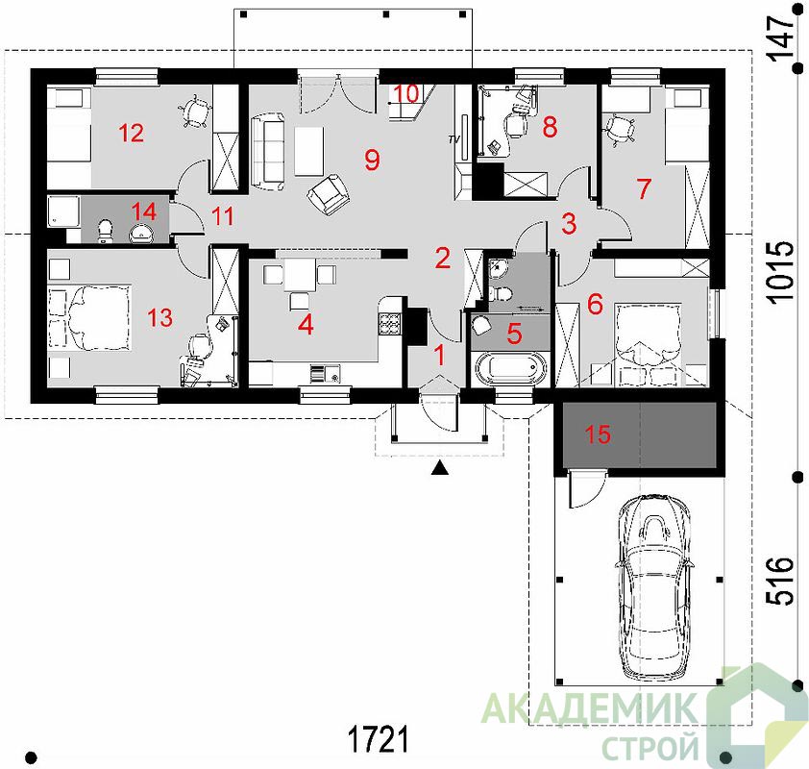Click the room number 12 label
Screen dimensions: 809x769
coord(131,134)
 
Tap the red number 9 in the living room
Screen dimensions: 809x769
coord(372,160)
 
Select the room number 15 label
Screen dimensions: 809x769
coord(598,434)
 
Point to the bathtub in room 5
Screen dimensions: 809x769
coord(511,368)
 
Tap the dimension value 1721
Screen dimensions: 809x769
coord(379,739)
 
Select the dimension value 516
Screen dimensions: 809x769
coord(779,580)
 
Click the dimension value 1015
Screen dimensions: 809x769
coord(779,272)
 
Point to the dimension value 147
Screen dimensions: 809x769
coord(780,38)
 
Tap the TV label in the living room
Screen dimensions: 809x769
coord(454,139)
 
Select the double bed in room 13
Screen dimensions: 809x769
coord(89,317)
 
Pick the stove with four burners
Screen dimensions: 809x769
coord(389,324)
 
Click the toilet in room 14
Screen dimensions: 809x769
coord(106,231)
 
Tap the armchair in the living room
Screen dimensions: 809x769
coord(329,194)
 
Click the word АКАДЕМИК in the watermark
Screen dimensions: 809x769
coord(589,709)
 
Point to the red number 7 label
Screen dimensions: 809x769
coord(644,189)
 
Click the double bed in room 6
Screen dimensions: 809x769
coord(649,344)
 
